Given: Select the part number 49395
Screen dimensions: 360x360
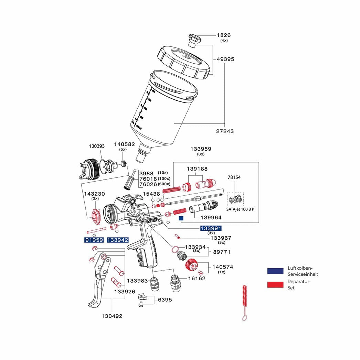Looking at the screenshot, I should tap(225, 59).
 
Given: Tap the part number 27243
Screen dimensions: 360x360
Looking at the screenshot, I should tap(225, 131).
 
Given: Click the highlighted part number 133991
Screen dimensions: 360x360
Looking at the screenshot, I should tap(211, 228).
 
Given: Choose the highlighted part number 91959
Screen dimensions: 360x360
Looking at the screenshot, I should tap(94, 240).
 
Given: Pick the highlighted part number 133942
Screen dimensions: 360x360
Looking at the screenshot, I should tap(118, 240).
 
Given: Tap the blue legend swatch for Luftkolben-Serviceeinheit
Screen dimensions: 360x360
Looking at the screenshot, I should tap(275, 271).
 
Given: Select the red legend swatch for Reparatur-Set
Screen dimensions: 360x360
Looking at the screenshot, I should tap(275, 284).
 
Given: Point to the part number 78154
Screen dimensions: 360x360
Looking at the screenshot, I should tap(234, 177).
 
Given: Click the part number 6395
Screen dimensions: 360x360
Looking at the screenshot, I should tap(165, 299).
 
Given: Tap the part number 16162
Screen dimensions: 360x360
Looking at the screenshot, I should tap(197, 278).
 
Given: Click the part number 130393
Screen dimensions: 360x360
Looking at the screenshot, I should tap(97, 146).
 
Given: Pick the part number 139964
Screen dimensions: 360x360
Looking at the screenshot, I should tap(208, 217).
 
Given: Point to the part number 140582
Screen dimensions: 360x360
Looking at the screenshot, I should tap(124, 144).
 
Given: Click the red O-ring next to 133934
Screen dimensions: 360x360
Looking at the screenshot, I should tap(175, 249).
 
